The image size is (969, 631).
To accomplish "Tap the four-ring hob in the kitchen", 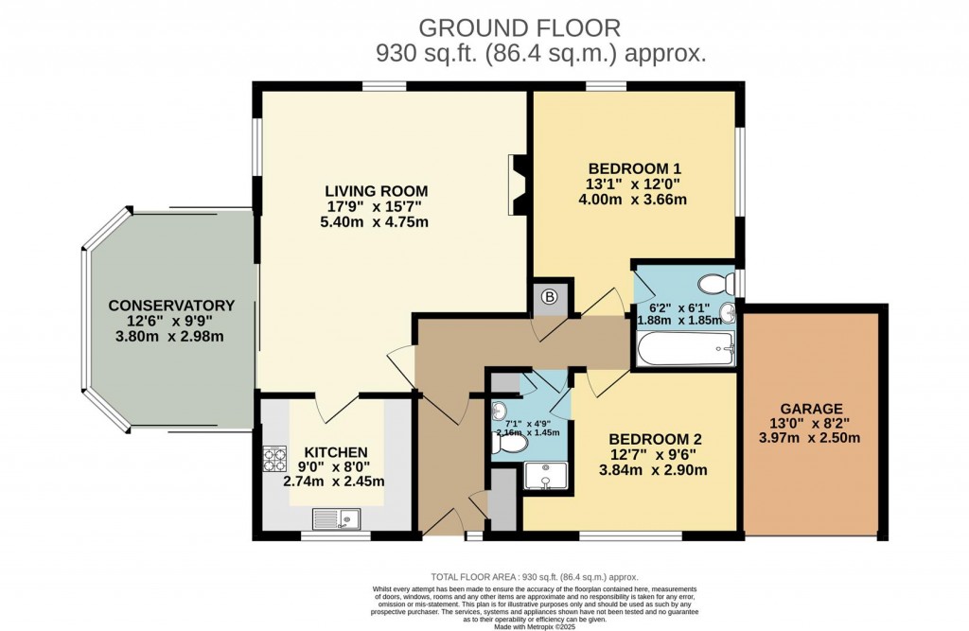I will point(274,459).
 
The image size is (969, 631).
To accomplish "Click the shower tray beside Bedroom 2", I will point(545,476).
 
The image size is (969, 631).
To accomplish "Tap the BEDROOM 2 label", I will point(655,439).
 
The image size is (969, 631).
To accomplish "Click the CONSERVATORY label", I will point(171,305).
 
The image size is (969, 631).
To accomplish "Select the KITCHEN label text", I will point(336,451).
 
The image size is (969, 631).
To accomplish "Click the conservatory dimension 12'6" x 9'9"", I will point(171,322).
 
